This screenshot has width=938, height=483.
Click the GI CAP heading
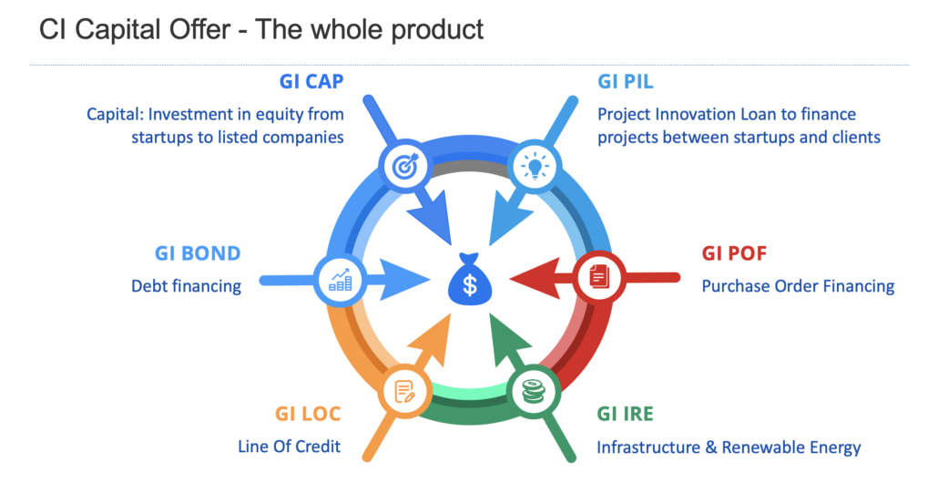pyautogui.click(x=311, y=81)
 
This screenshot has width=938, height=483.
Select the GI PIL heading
pyautogui.click(x=625, y=81)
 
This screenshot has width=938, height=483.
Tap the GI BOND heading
pyautogui.click(x=198, y=253)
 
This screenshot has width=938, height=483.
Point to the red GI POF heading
pyautogui.click(x=734, y=253)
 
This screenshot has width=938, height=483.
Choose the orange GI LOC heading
pyautogui.click(x=308, y=414)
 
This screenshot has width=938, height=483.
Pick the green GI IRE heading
pyautogui.click(x=625, y=414)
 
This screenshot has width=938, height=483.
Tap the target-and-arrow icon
pyautogui.click(x=404, y=165)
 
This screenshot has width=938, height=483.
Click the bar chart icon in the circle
pyautogui.click(x=341, y=280)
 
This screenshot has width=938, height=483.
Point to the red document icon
pyautogui.click(x=599, y=276)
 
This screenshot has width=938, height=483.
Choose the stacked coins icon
pyautogui.click(x=534, y=392)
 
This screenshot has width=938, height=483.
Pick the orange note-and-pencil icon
pyautogui.click(x=404, y=392)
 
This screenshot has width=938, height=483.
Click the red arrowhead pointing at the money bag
pyautogui.click(x=535, y=278)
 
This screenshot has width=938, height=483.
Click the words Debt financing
pyautogui.click(x=186, y=286)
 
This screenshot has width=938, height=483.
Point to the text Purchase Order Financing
pyautogui.click(x=798, y=286)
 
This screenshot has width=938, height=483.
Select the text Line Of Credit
pyautogui.click(x=289, y=447)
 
